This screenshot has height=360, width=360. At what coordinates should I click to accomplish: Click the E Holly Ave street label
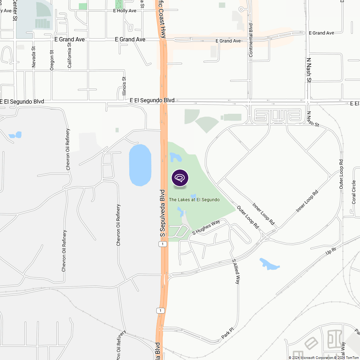coord(125,11)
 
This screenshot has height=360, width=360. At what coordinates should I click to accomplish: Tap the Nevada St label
coord(34,57)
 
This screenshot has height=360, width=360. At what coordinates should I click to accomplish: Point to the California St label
coord(69,55)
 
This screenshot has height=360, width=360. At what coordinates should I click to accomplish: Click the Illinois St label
coord(124,88)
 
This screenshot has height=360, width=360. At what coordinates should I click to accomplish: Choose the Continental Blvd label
coord(251,40)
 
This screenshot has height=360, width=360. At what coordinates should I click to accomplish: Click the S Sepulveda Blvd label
coord(162,213)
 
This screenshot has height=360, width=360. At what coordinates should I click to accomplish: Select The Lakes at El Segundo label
coord(194,199)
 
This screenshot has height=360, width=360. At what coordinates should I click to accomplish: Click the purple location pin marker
coord(180,178)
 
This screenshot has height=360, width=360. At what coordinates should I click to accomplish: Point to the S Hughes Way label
coord(206,228)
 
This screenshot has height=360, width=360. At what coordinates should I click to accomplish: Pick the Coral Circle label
coord(354,192)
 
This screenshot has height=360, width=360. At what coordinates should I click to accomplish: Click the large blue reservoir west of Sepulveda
coord(140,165)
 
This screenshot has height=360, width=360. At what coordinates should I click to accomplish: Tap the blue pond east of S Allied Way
coord(269,264)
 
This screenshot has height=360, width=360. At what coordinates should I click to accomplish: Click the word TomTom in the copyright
coord(352,357)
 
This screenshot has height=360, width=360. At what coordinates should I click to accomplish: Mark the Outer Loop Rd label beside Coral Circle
coord(341,174)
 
